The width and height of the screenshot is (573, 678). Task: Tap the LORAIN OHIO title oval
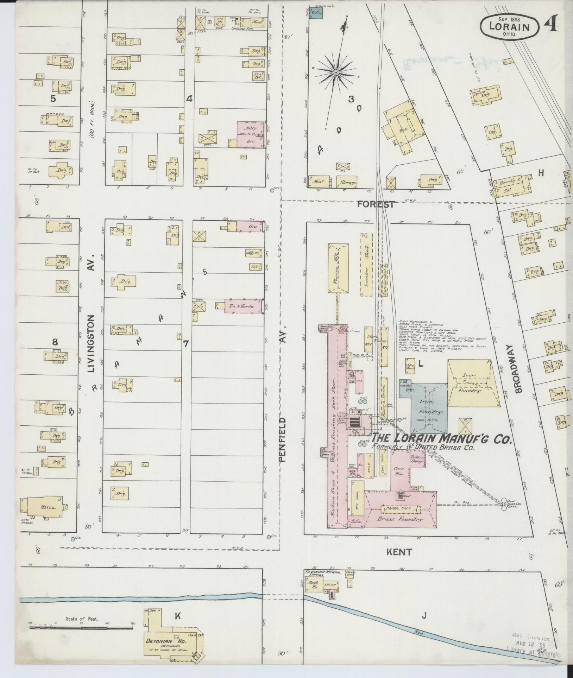(509, 26)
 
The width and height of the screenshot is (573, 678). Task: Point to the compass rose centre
(336, 72)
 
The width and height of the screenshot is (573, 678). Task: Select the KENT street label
(399, 552)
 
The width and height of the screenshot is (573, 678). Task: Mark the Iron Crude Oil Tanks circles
(504, 505)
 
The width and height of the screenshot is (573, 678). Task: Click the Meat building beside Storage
(320, 182)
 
